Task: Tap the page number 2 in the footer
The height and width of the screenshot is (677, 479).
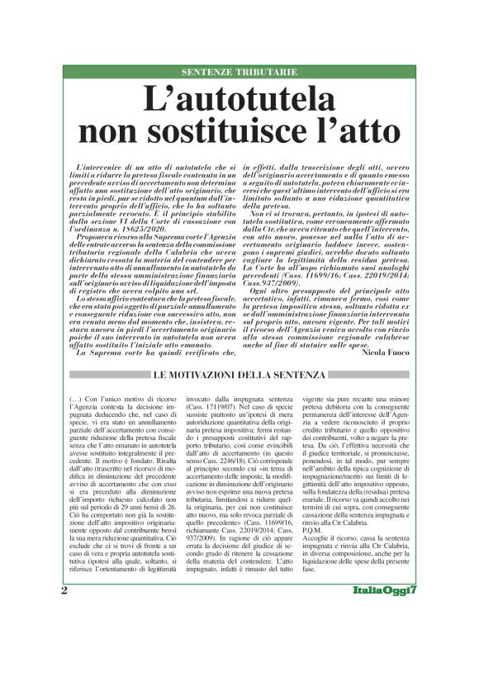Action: point(64,637)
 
